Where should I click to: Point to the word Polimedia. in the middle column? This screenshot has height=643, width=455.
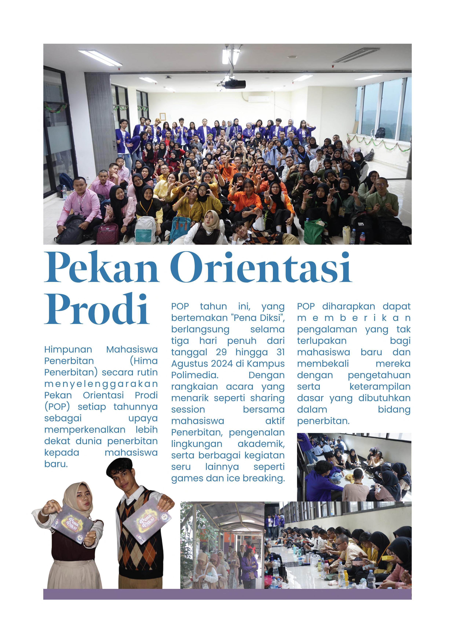(x=195, y=375)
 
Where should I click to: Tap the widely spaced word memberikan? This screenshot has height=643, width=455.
(x=354, y=318)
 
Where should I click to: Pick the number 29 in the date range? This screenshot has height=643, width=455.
(x=221, y=352)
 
